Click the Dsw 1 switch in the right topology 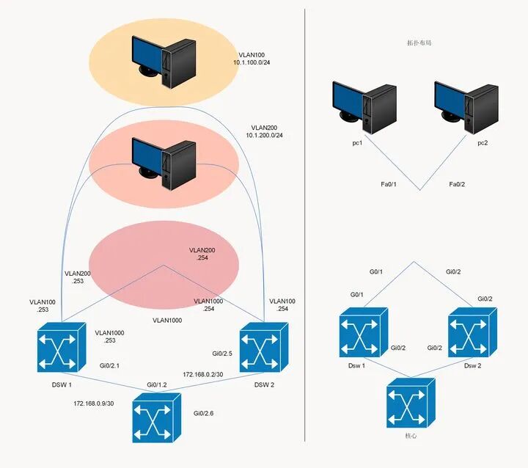(363, 332)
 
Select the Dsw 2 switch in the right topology (472, 332)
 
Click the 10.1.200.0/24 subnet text (264, 136)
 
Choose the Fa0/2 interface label (457, 185)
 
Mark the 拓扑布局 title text (418, 43)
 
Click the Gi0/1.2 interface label (156, 385)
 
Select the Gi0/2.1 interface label (109, 365)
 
